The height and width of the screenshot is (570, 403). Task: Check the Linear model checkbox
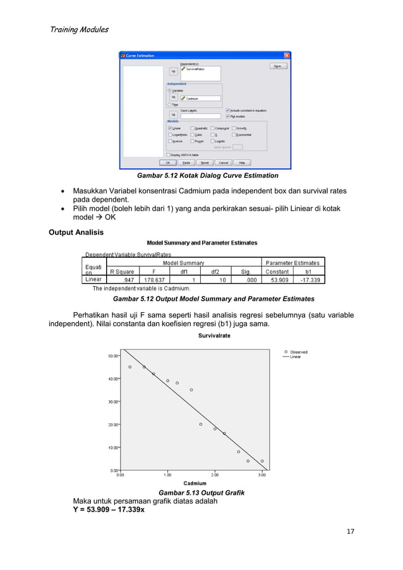click(170, 128)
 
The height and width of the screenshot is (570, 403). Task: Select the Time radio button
click(169, 105)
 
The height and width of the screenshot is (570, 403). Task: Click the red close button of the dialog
click(287, 55)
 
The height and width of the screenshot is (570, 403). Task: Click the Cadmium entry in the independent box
click(192, 99)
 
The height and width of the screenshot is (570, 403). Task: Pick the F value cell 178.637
click(155, 280)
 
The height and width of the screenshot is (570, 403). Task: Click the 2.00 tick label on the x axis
click(215, 475)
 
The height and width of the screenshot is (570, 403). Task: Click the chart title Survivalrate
click(214, 336)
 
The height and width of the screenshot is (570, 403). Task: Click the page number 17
click(351, 531)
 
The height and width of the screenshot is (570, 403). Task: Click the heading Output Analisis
click(76, 232)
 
